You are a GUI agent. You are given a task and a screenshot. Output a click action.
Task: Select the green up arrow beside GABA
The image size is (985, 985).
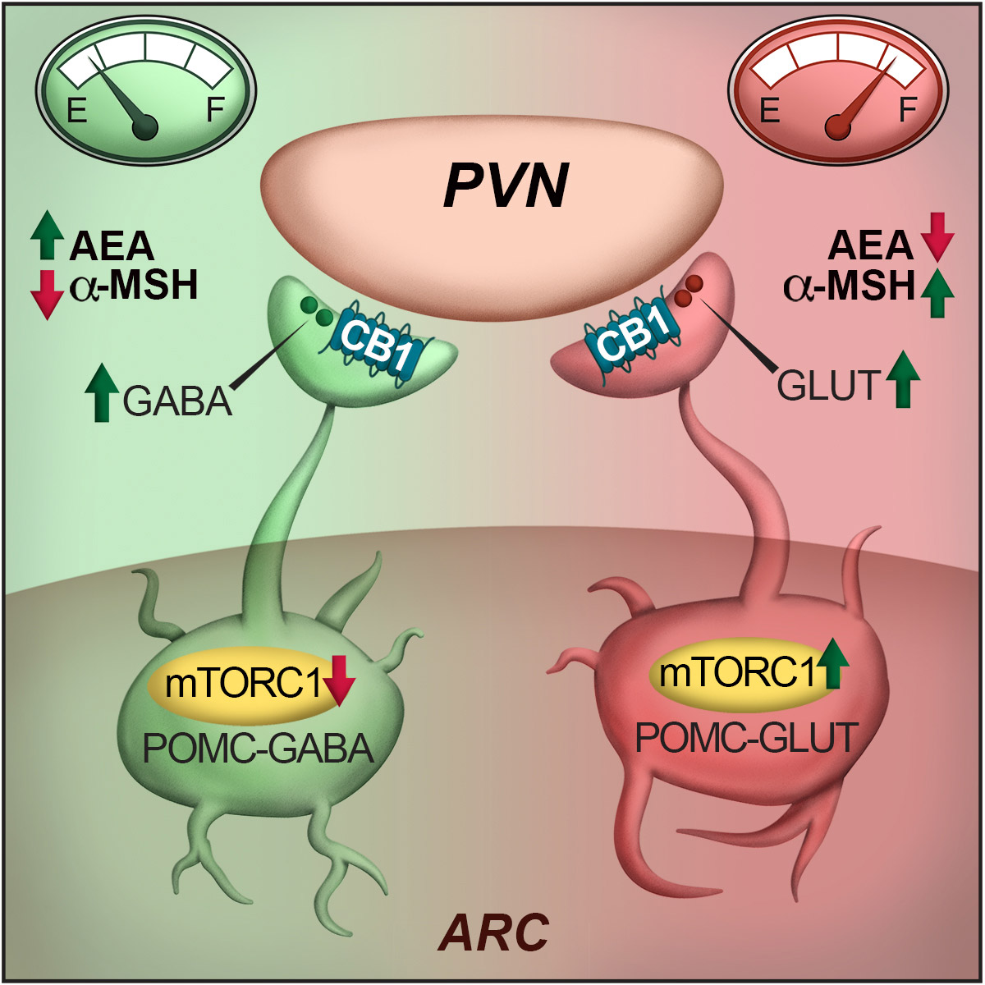tap(102, 394)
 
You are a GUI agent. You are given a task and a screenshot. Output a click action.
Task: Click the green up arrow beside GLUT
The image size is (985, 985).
tap(903, 378)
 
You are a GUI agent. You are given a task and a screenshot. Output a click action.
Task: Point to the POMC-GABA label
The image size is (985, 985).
tap(258, 749)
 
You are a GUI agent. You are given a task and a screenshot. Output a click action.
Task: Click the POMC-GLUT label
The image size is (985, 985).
tap(746, 737)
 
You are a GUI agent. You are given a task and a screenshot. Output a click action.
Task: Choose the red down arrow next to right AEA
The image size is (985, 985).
tap(937, 236)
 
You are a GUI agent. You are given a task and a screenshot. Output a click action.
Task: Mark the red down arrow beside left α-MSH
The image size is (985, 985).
tap(47, 291)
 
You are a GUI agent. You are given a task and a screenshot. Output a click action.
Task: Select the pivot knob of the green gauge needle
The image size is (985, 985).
tap(146, 127)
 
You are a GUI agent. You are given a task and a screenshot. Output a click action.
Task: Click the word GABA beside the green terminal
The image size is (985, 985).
tap(177, 402)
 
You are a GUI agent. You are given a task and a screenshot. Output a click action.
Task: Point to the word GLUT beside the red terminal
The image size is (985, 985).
tap(828, 384)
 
